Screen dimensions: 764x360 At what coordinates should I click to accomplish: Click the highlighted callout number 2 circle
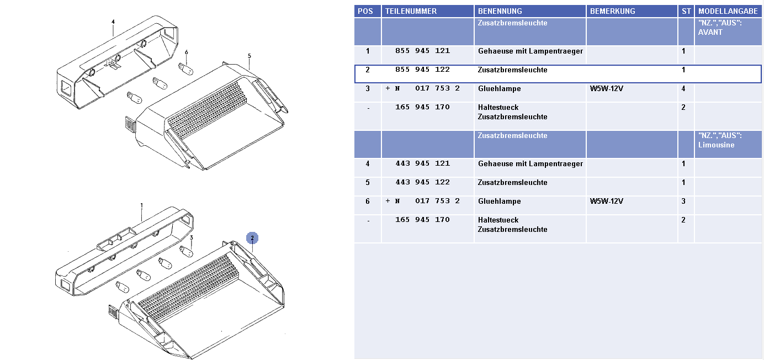(252, 238)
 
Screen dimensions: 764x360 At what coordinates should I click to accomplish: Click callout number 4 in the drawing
(113, 22)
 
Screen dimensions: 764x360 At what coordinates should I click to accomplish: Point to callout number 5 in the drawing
(250, 56)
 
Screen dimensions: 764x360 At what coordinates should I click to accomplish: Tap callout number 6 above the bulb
(186, 52)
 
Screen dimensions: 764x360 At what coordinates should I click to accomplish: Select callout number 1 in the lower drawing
(141, 205)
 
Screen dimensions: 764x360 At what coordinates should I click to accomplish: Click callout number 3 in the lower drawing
(192, 237)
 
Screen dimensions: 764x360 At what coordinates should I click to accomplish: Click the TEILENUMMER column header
(411, 11)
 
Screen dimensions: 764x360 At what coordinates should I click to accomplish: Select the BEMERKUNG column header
(613, 11)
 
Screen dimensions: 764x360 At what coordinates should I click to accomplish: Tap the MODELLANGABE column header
(728, 11)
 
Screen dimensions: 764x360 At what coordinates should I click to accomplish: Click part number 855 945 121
(423, 51)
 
